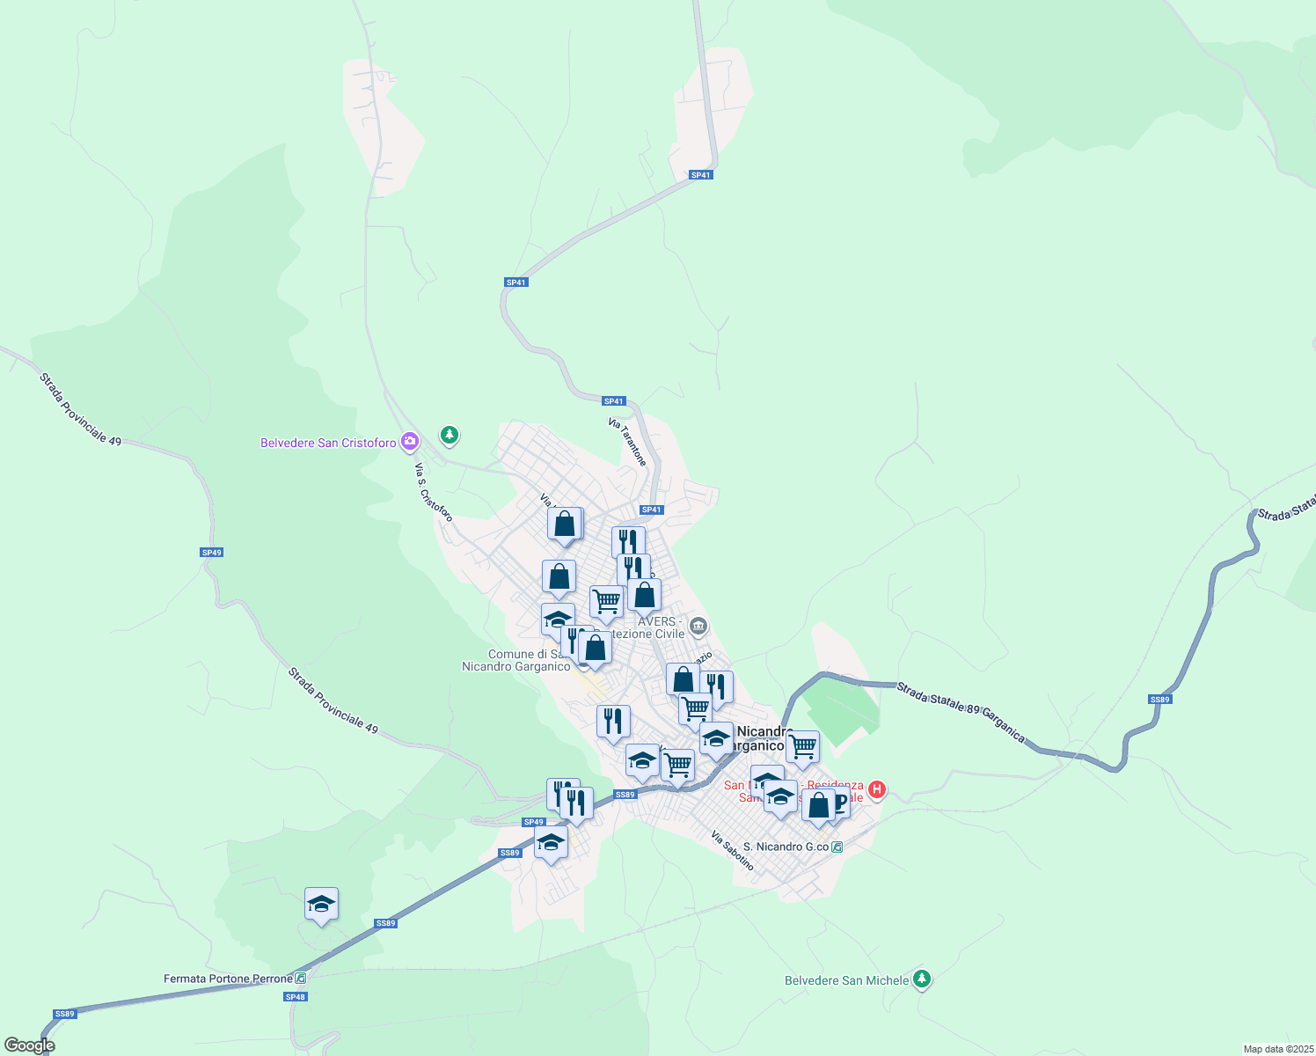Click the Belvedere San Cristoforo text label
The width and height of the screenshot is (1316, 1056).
pos(328,443)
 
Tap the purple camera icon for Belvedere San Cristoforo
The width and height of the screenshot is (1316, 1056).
pos(409,441)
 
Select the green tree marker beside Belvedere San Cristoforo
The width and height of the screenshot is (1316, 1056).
pos(450,435)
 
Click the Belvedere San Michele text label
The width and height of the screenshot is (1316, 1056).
pos(846,980)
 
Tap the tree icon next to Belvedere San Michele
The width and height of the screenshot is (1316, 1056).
pos(921,979)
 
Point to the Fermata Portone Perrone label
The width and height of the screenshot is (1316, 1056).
pos(228,979)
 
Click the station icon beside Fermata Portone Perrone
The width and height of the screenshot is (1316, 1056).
pos(301,978)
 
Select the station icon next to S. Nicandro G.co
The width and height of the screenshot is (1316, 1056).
pos(837,847)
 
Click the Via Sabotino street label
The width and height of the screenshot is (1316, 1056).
pos(733,851)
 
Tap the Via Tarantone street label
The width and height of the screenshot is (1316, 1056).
pos(627,442)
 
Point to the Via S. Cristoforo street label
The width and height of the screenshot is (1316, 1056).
pos(433,492)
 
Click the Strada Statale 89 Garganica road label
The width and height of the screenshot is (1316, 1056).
pos(961,711)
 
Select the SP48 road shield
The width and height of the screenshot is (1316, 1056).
pos(296,997)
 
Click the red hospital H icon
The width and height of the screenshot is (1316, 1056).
pos(876,789)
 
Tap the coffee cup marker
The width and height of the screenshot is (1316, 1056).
pos(838,803)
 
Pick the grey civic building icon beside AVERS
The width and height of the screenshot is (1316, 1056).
pos(698,627)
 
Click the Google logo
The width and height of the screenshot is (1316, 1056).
pos(30,1045)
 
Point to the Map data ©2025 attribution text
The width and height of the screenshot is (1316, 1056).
pos(1277,1049)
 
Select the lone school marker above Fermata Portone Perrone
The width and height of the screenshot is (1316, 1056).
pos(321,904)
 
